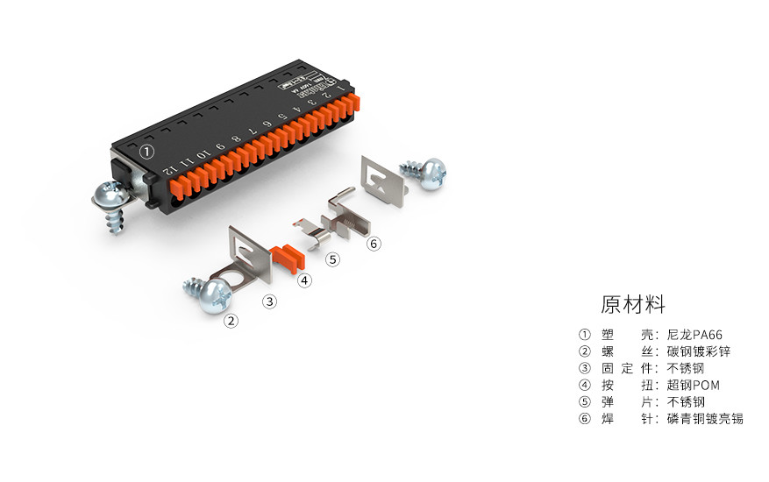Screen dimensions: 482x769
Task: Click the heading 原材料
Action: pyautogui.click(x=633, y=304)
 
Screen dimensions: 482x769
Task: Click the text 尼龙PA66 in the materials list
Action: pyautogui.click(x=694, y=335)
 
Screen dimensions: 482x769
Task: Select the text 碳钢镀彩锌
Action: pyautogui.click(x=698, y=351)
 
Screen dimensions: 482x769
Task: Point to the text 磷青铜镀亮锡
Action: pyautogui.click(x=705, y=418)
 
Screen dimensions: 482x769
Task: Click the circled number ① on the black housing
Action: pyautogui.click(x=147, y=152)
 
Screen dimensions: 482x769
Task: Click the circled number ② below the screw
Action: pyautogui.click(x=231, y=321)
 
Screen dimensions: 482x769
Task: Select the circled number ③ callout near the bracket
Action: pyautogui.click(x=270, y=301)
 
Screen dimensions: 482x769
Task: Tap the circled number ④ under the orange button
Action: pyautogui.click(x=303, y=281)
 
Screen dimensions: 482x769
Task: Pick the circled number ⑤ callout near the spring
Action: pyautogui.click(x=332, y=259)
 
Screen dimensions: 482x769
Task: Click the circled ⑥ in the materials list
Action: pyautogui.click(x=585, y=418)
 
